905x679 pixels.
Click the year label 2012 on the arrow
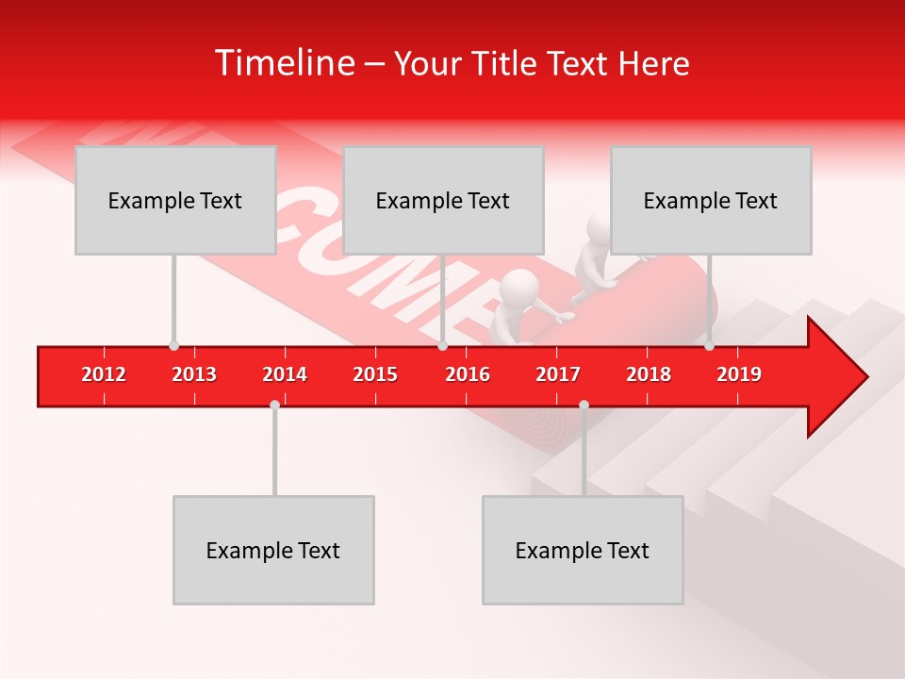pos(104,374)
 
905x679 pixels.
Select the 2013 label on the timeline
pos(194,374)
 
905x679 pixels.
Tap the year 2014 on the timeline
pos(285,374)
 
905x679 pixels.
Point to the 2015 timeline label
pos(375,374)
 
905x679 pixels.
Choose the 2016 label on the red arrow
pos(468,374)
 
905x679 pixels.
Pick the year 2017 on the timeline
pos(558,374)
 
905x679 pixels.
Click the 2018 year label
pos(649,374)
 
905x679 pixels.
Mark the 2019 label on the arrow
pos(739,374)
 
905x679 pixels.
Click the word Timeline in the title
pos(284,63)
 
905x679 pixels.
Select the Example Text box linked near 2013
pos(175,200)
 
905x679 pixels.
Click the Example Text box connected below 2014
pos(273,550)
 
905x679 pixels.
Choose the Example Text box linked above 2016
pos(443,200)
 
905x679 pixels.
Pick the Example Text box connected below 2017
pos(583,550)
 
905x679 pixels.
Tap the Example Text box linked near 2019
pos(711,200)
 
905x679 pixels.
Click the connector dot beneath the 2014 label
pos(274,405)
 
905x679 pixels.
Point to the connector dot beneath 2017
pos(584,405)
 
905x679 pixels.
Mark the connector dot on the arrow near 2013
pos(173,345)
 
